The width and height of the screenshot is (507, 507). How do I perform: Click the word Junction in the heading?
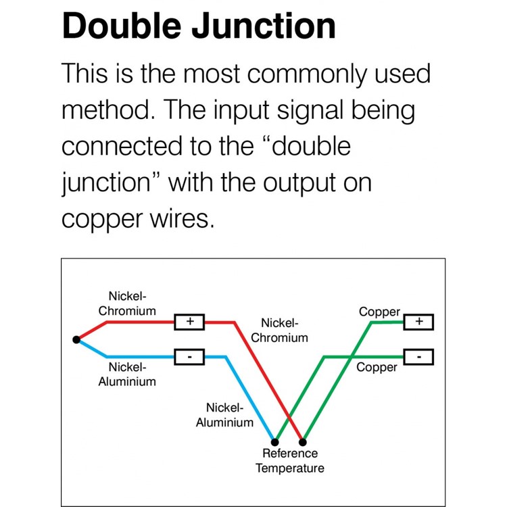(x=264, y=26)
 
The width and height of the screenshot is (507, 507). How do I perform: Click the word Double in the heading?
(x=122, y=26)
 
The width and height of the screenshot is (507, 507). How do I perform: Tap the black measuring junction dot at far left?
(x=76, y=340)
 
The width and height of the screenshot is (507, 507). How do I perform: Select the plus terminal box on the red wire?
(x=189, y=322)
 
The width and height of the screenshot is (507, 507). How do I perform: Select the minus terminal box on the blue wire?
(x=189, y=357)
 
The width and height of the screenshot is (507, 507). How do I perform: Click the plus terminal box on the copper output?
(x=418, y=322)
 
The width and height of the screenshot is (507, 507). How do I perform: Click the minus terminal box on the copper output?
(x=418, y=357)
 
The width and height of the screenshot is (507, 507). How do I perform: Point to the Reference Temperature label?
(x=290, y=461)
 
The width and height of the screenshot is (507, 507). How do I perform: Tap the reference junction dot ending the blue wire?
(x=275, y=442)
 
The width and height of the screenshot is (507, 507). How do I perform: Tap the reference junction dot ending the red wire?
(x=303, y=442)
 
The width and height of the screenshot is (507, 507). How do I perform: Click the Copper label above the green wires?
(x=380, y=312)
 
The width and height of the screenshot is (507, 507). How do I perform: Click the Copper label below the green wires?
(x=377, y=368)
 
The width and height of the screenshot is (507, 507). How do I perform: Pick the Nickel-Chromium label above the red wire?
(x=127, y=304)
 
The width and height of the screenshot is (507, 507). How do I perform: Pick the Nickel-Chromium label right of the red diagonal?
(x=279, y=331)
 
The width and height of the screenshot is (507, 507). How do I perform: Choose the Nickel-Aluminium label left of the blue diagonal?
(x=224, y=415)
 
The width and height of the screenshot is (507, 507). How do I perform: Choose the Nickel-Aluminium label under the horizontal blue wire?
(x=127, y=375)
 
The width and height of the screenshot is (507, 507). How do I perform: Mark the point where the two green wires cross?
(x=352, y=358)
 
